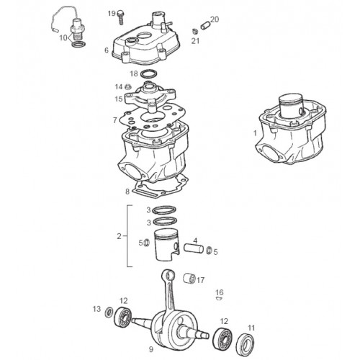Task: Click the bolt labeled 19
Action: (120, 17)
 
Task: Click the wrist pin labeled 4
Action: (194, 248)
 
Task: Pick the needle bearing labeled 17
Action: (189, 278)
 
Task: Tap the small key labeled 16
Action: (219, 299)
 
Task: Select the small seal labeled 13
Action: (109, 312)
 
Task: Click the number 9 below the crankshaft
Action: (150, 349)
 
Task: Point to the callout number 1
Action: (256, 132)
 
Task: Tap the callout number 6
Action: (107, 50)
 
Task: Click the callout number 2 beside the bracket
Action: (120, 236)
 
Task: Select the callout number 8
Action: (127, 192)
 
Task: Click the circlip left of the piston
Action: (146, 243)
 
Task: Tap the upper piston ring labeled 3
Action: (165, 210)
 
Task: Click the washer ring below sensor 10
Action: (78, 45)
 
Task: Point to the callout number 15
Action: (119, 99)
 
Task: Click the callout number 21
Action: (195, 41)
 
